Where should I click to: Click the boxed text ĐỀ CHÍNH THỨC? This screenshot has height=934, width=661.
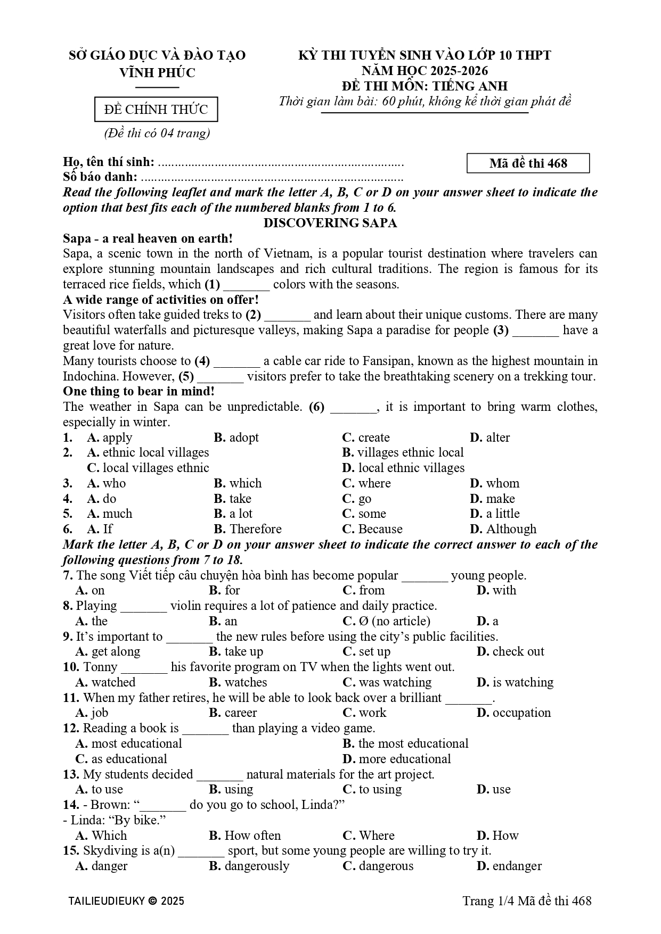click(x=156, y=110)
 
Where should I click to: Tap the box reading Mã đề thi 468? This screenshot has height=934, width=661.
click(x=528, y=163)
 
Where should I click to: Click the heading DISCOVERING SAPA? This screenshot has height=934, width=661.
click(x=330, y=223)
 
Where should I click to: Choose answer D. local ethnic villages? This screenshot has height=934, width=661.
click(x=403, y=468)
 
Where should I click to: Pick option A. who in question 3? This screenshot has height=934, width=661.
click(x=107, y=483)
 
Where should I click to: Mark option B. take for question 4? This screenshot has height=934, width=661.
click(x=232, y=499)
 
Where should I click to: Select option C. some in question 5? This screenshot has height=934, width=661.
click(x=364, y=514)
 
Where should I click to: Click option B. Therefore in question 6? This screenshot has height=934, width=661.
click(x=248, y=529)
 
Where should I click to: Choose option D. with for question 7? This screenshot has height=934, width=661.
click(x=496, y=590)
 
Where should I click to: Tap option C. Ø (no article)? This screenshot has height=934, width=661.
click(x=386, y=621)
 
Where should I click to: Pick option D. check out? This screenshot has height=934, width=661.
click(x=510, y=651)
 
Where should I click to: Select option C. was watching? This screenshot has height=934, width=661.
click(x=387, y=682)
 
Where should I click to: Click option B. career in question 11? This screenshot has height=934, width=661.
click(x=233, y=713)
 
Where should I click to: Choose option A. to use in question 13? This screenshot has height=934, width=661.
click(x=99, y=789)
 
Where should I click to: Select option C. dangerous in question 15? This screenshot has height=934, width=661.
click(x=378, y=866)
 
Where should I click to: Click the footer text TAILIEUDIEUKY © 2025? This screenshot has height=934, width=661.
click(x=126, y=900)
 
